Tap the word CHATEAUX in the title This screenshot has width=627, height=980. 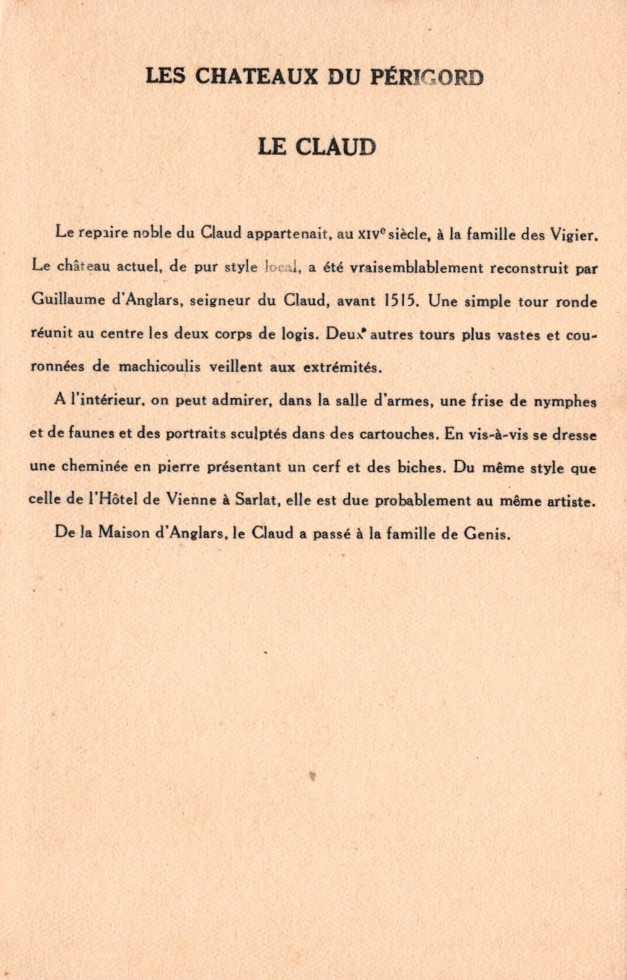tap(257, 77)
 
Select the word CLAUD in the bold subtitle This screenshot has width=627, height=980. tap(335, 148)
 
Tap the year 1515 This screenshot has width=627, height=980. tap(402, 301)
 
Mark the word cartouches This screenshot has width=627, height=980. tap(399, 434)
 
